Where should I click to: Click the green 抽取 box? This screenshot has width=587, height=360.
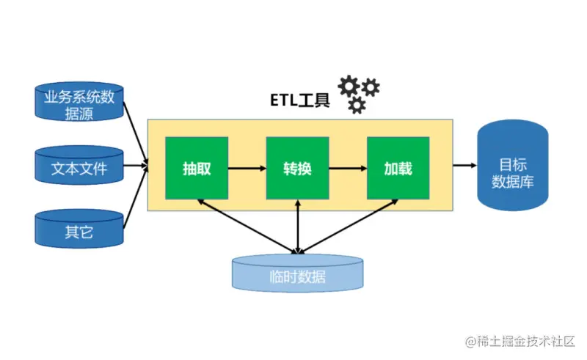197,168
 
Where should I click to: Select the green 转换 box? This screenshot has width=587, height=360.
297,168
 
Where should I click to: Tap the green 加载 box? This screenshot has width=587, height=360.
397,168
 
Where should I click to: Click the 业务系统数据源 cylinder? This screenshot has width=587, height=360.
79,103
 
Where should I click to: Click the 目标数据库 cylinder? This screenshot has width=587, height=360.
512,165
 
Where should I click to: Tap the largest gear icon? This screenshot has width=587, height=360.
349,85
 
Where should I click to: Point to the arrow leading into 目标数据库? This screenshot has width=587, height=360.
464,166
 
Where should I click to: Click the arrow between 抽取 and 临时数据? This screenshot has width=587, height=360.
247,225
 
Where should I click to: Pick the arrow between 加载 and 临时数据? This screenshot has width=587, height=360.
348,225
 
